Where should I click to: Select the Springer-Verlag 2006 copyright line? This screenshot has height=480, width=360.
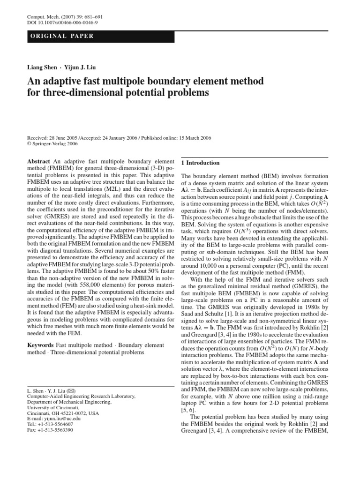[x=53, y=144]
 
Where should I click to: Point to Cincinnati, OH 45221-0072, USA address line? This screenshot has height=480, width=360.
[x=63, y=413]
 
